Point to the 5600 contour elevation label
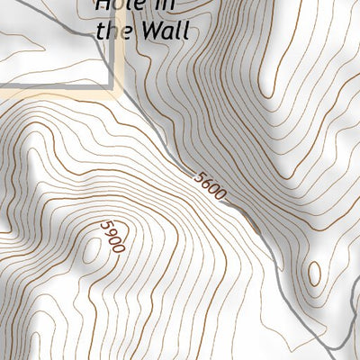(210, 184)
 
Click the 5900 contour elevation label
(111, 236)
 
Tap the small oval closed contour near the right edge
(313, 273)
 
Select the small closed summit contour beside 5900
(91, 250)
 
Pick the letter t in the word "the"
(101, 31)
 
